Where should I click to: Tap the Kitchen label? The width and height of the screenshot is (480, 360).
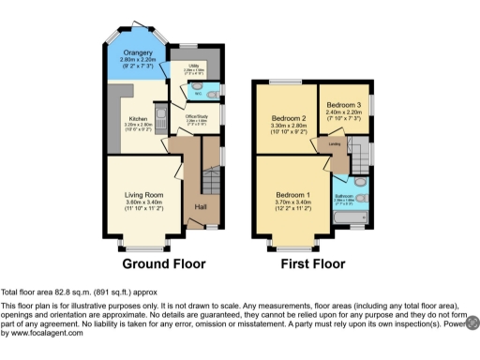tap(137, 120)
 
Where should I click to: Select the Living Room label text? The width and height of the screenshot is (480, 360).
tap(144, 196)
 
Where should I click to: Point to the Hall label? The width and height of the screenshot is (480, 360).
tap(200, 206)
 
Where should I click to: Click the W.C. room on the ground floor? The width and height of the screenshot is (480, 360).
tap(199, 93)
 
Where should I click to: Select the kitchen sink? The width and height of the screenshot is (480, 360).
tap(160, 117)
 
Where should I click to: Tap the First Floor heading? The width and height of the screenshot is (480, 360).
tap(311, 265)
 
